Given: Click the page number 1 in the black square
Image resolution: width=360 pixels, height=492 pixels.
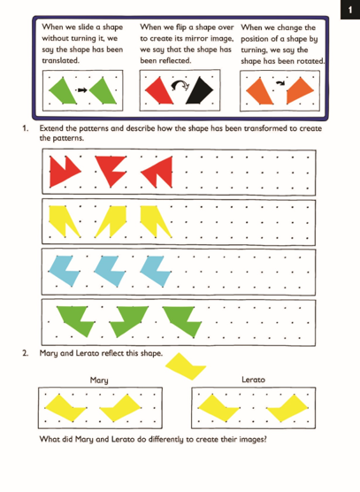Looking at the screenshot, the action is [350, 10].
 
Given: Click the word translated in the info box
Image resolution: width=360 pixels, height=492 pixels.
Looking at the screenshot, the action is [60, 60].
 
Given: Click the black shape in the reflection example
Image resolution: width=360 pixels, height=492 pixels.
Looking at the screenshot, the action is [200, 90].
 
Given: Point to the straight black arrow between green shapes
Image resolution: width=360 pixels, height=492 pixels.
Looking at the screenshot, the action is [82, 90].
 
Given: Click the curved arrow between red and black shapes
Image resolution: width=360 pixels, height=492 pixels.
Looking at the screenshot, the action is [180, 85].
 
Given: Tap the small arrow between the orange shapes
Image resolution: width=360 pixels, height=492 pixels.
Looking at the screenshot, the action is [280, 83].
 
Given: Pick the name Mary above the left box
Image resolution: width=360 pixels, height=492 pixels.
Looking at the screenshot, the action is [99, 381].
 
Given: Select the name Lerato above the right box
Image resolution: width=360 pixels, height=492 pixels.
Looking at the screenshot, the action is [253, 380].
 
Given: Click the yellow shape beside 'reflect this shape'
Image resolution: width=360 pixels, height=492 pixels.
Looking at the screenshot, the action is [186, 366].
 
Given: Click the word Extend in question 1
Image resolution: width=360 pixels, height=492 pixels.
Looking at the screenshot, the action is [50, 128].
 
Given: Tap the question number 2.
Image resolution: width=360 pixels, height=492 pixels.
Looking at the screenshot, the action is [25, 353].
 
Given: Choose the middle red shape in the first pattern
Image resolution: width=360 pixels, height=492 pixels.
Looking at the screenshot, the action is [111, 169].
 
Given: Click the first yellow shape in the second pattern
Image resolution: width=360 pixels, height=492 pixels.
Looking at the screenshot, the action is [64, 220].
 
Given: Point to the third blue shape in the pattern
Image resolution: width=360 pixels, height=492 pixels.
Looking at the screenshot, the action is [156, 271].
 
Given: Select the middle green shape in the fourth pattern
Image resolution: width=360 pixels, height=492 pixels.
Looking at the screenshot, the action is [128, 320].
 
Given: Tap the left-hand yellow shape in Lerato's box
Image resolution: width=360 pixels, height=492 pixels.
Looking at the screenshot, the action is [218, 407].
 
